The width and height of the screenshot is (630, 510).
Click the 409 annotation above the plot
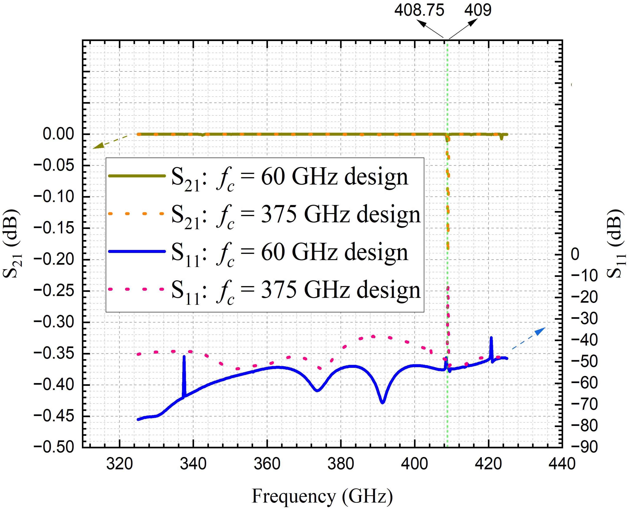[478, 10]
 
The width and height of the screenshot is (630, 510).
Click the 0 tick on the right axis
[575, 254]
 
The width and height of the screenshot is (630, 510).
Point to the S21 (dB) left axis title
[12, 244]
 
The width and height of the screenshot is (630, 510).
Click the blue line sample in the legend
[137, 251]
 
